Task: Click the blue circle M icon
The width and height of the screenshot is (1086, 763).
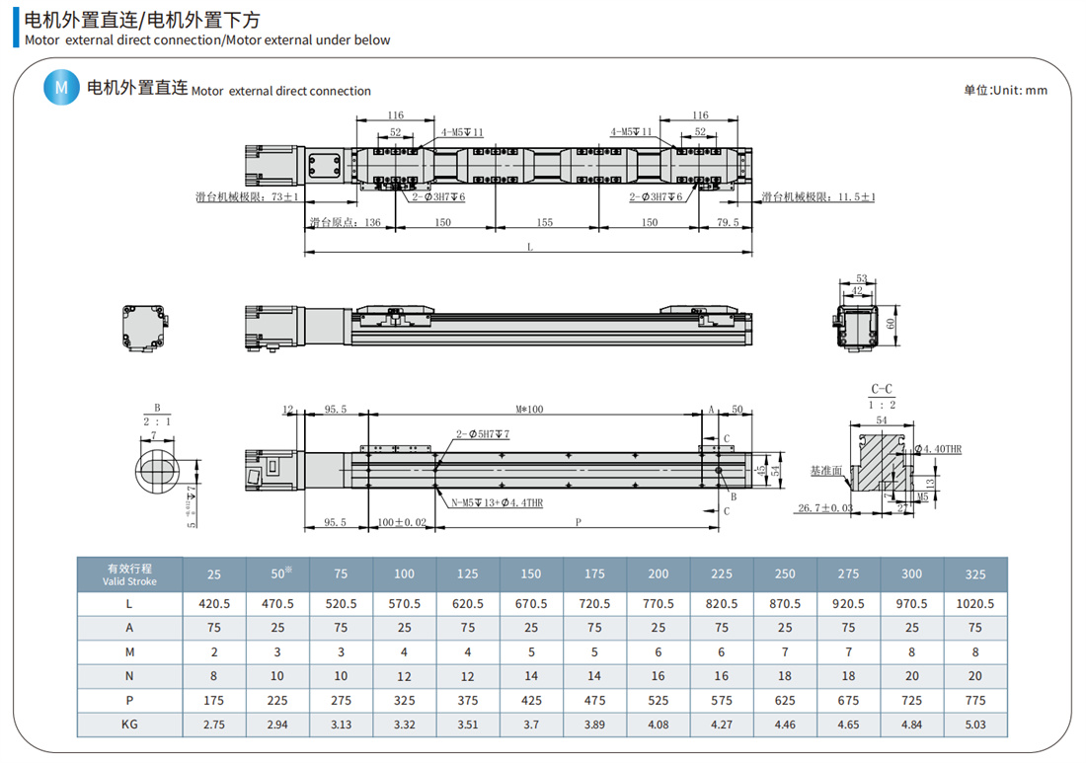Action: tap(61, 89)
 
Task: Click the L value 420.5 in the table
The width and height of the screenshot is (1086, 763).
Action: tap(213, 604)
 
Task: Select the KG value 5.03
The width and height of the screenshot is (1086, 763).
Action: tap(975, 725)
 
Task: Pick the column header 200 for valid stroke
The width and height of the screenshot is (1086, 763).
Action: tap(658, 573)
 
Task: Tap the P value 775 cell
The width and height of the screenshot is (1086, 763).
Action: tap(975, 700)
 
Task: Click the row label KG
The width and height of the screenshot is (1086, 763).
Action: tap(128, 725)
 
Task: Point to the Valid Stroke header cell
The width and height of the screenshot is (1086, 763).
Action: tap(128, 573)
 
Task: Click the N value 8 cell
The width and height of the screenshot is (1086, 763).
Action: tap(213, 676)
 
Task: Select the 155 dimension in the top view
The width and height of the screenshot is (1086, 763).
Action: tap(544, 223)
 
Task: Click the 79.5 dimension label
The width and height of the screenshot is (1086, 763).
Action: tap(727, 223)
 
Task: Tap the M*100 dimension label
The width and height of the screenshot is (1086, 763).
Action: tap(531, 410)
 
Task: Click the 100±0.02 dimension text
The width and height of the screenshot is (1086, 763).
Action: tap(401, 523)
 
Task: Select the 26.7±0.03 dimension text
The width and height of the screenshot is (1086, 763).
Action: tap(823, 508)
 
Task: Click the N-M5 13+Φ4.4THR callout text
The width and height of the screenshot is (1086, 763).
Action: tap(496, 502)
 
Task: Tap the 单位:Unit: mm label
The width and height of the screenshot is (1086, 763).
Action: tap(1005, 90)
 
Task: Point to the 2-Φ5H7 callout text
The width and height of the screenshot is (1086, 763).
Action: tap(482, 434)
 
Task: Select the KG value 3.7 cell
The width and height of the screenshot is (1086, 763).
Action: tap(530, 725)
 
